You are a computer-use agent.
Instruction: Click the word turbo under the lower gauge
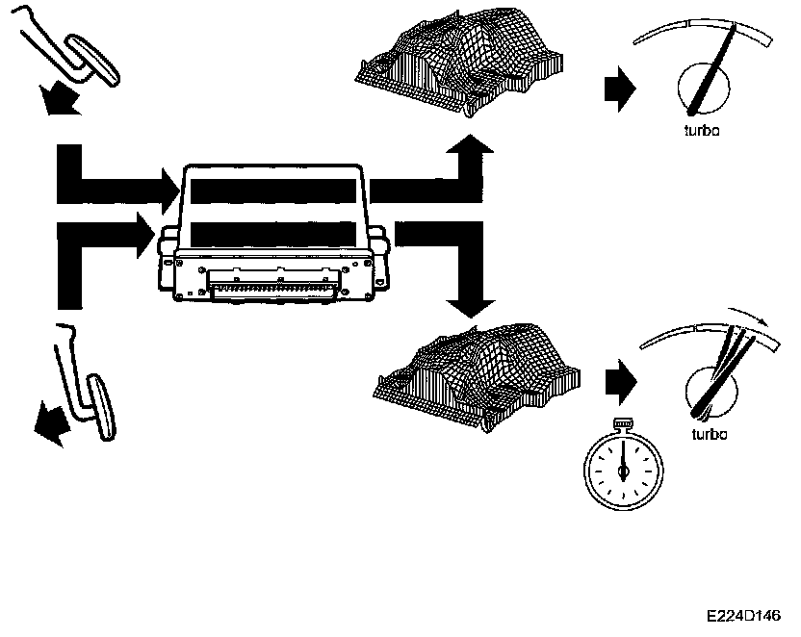[710, 434]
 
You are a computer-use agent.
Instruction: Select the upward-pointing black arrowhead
[469, 152]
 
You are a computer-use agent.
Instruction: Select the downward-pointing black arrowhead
[469, 304]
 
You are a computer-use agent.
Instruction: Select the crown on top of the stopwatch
[623, 423]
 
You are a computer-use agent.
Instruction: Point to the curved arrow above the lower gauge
[751, 318]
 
